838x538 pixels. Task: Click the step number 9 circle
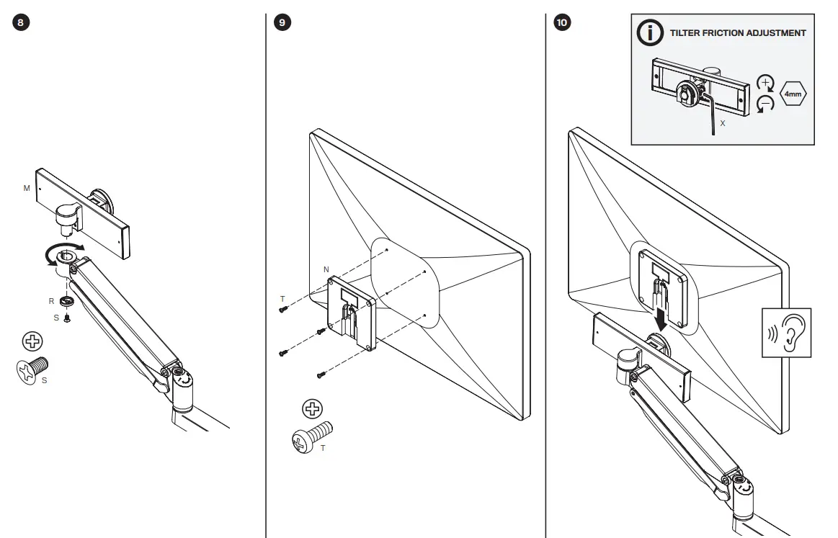pos(283,22)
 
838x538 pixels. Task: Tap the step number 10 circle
pos(561,22)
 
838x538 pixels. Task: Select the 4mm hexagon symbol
pos(792,94)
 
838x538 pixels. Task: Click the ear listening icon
pos(787,333)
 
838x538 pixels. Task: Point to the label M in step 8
pos(27,188)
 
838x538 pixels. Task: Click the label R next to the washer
pos(51,301)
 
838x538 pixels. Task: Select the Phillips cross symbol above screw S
pos(32,341)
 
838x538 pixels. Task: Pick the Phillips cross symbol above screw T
pos(311,409)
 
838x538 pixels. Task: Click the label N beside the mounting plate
pos(326,269)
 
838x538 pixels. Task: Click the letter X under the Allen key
pos(722,124)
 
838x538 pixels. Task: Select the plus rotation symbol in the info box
pos(765,81)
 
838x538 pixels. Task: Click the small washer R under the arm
pos(67,301)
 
